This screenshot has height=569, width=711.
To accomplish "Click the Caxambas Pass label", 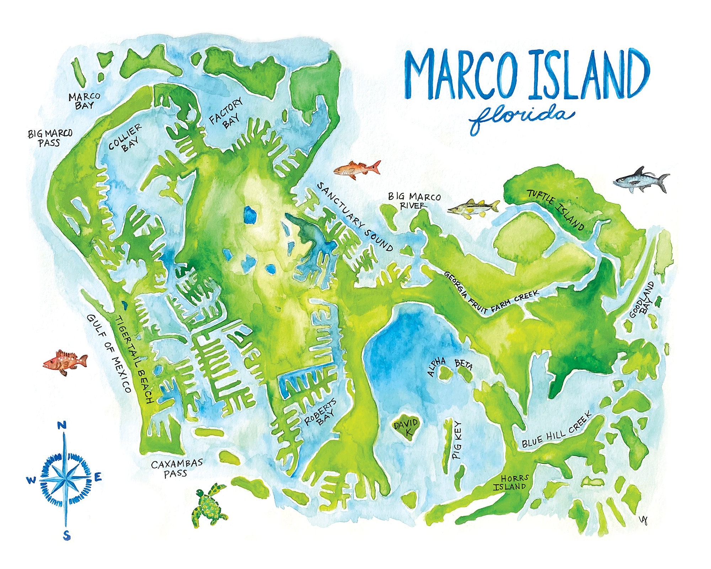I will [177, 468].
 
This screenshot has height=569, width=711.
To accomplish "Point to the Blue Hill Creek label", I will [556, 431].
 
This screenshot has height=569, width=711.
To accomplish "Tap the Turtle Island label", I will [556, 210].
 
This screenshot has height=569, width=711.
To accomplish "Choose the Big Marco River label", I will [414, 201].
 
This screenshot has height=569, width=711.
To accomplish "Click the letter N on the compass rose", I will [63, 425].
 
